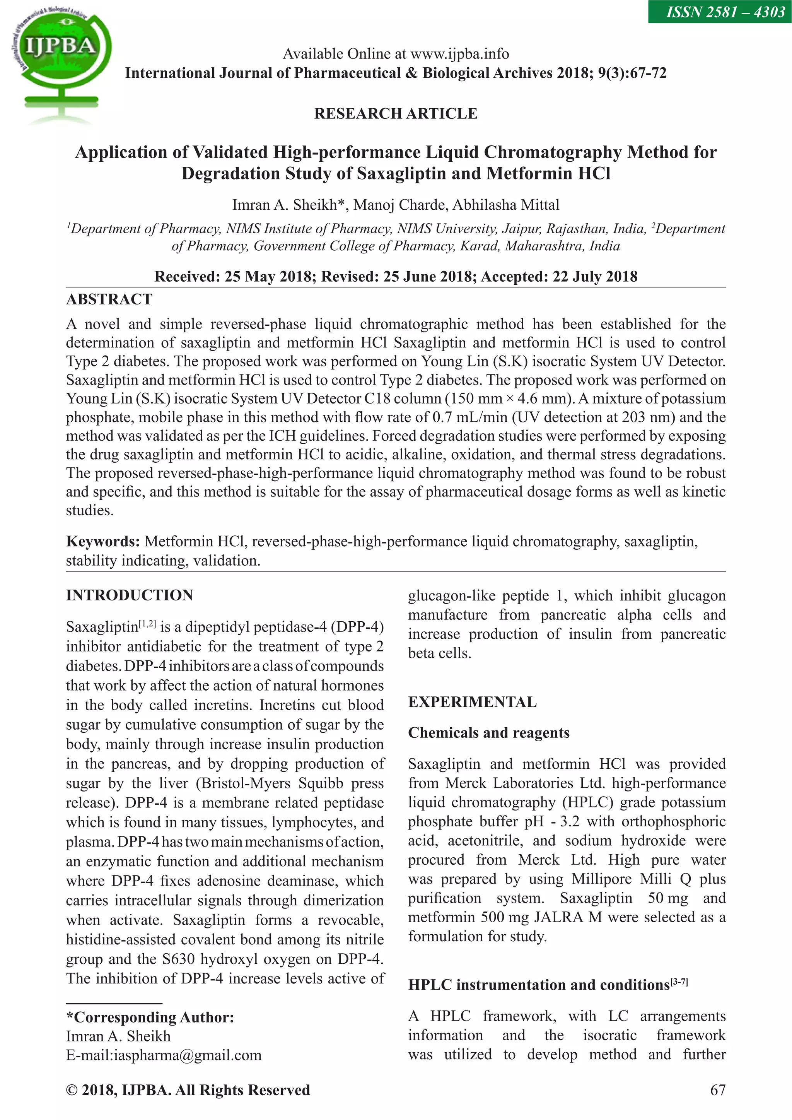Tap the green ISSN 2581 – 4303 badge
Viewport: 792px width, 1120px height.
point(719,12)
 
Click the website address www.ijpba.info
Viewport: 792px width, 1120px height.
point(459,54)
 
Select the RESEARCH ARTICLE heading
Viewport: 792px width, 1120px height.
point(396,113)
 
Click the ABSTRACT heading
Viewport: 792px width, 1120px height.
point(109,299)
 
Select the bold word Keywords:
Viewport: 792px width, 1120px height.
point(103,542)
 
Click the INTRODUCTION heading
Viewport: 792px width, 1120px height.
point(130,595)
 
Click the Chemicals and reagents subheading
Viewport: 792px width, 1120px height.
point(489,733)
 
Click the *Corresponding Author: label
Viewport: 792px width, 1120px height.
point(150,1017)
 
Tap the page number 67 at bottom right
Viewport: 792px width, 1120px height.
point(718,1090)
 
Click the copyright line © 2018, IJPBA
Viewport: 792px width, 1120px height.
point(188,1090)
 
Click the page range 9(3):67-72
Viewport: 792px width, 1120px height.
point(632,73)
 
